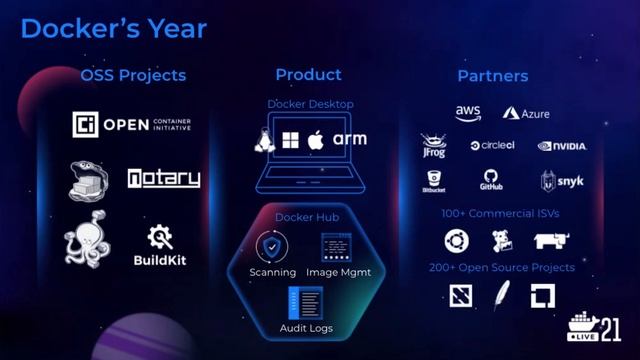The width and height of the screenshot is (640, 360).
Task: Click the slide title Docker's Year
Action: click(x=113, y=28)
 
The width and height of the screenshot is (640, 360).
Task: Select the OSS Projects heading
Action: click(x=133, y=75)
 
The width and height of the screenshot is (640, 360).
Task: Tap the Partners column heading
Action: click(x=493, y=75)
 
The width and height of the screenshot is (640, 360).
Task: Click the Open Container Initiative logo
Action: click(x=132, y=124)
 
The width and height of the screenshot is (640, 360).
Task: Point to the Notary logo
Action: click(x=163, y=179)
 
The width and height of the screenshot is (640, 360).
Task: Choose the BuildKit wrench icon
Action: click(x=160, y=237)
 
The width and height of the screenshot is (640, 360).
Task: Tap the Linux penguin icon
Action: click(x=265, y=140)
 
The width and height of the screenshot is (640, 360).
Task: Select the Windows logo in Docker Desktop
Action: click(x=291, y=140)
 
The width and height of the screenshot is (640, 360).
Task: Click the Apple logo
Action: click(x=316, y=139)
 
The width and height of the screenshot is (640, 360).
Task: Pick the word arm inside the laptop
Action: click(x=350, y=140)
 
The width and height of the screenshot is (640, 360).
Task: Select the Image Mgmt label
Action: click(x=336, y=272)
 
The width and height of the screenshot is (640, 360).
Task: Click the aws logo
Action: click(x=468, y=112)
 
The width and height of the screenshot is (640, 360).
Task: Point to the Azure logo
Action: click(x=526, y=114)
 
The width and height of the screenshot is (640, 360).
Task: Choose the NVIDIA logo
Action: click(x=562, y=146)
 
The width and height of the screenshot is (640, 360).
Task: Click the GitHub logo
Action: click(x=490, y=181)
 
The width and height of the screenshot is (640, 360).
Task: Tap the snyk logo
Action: click(x=561, y=181)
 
